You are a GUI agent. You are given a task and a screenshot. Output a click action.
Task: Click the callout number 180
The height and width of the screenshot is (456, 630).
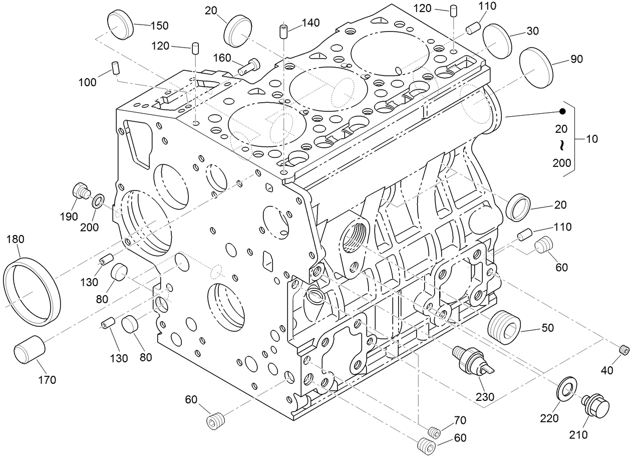coord(15,240)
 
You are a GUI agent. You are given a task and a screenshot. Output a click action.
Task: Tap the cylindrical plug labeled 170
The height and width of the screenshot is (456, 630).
coord(29,349)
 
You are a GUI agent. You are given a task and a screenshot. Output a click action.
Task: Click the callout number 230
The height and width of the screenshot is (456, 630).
coord(485,397)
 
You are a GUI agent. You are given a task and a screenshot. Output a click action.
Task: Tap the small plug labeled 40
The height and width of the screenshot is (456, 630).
coord(623,349)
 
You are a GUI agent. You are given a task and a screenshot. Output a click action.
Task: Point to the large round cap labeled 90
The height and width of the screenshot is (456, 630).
coord(535,68)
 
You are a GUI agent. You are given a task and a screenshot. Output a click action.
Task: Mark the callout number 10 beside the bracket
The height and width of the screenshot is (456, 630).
coord(591,139)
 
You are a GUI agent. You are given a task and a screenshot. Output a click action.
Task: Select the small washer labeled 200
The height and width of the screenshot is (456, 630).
coord(98,201)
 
